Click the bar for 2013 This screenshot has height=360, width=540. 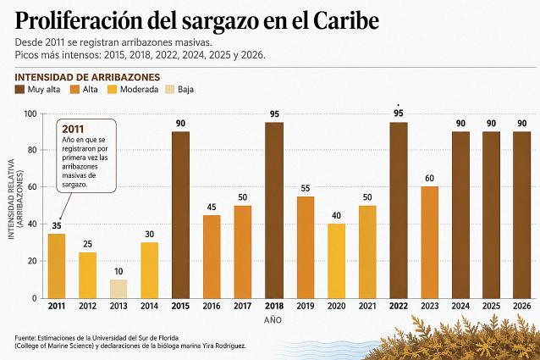118,289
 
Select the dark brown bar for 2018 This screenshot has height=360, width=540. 274,210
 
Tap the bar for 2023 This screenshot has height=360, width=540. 429,242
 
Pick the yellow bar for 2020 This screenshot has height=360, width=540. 336,261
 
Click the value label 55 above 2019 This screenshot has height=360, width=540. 306,188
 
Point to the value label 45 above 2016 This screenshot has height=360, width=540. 212,207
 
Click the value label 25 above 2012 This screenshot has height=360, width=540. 87,244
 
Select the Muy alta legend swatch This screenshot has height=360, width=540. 19,90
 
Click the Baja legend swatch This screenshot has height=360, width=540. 170,90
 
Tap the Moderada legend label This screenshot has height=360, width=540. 139,90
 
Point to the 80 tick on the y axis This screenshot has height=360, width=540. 32,150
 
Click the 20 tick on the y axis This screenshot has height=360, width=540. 32,261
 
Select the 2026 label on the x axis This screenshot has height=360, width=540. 521,306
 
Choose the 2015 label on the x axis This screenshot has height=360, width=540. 180,306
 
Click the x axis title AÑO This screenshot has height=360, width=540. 273,320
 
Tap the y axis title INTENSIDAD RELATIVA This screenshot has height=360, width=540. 11,199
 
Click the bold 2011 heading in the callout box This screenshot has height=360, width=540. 73,130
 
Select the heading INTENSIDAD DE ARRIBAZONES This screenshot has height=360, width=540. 87,77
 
